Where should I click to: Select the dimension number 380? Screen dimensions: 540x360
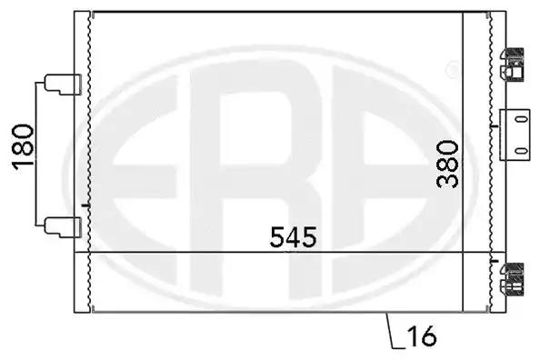coord(447,164)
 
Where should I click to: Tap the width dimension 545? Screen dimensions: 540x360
coord(293,237)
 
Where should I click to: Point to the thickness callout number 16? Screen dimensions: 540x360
coord(422,336)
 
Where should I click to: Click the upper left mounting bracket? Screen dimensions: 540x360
coord(63,84)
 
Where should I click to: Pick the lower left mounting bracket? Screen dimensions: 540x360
coord(63,227)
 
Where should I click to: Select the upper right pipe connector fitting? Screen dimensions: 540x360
coord(512,65)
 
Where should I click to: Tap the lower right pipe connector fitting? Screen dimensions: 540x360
coord(512,279)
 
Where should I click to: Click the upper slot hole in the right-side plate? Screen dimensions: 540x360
coord(522,119)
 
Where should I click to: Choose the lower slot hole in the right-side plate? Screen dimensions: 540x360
coord(522,151)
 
